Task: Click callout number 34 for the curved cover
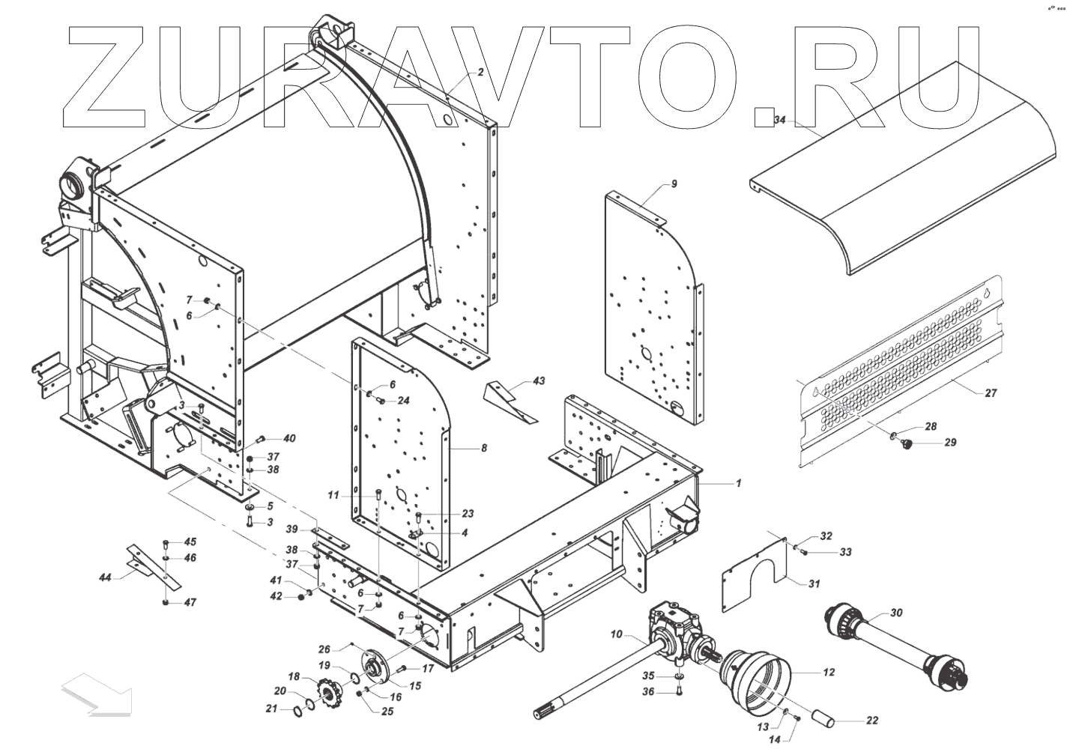(779, 120)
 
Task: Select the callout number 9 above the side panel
(674, 184)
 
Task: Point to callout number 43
(539, 381)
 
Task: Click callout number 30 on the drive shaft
(896, 613)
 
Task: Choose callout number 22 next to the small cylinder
(871, 721)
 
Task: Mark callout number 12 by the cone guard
(829, 673)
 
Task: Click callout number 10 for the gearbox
(616, 635)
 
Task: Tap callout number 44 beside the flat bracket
(105, 577)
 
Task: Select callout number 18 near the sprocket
(294, 676)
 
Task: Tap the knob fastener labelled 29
(908, 446)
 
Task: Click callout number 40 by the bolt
(288, 439)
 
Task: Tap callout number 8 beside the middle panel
(484, 448)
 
